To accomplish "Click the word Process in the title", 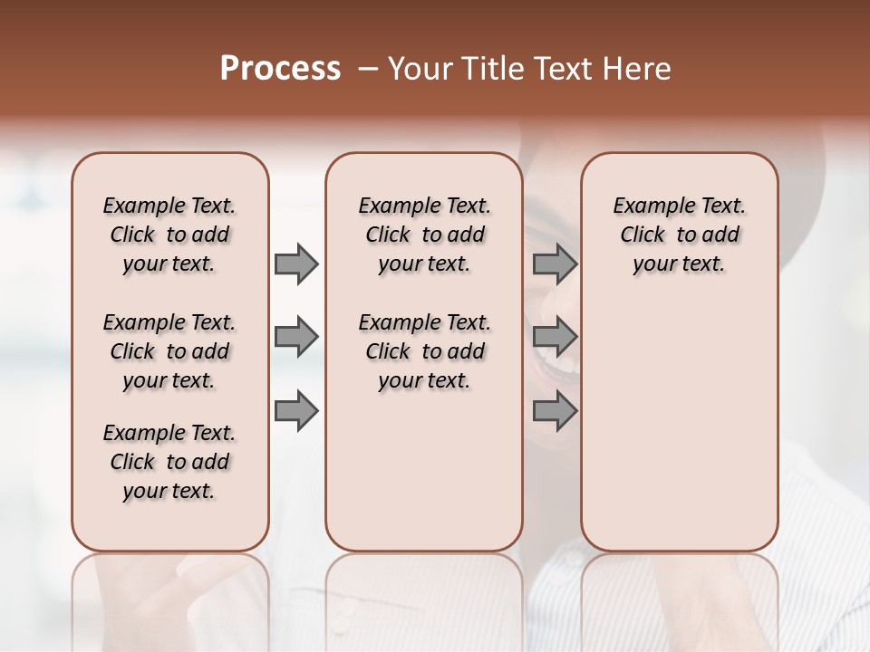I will [x=280, y=69].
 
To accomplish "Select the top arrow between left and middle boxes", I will [x=296, y=264].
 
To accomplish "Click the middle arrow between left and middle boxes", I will [x=296, y=338].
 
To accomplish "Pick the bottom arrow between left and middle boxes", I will [x=296, y=411].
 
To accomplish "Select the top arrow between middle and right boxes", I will [x=555, y=264].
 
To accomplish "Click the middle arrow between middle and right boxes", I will [x=555, y=338].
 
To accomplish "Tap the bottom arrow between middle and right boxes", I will [x=555, y=411].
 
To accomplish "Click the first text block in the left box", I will [x=169, y=235].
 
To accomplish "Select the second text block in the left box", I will [x=169, y=351].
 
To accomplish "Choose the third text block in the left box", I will [x=169, y=462].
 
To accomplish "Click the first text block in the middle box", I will [x=424, y=235].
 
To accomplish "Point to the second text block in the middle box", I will [x=424, y=351].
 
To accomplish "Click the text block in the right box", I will [x=679, y=235].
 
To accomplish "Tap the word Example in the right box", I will [x=646, y=206].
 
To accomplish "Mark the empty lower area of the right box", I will [x=679, y=426].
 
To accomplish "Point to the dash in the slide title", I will [x=368, y=69].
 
